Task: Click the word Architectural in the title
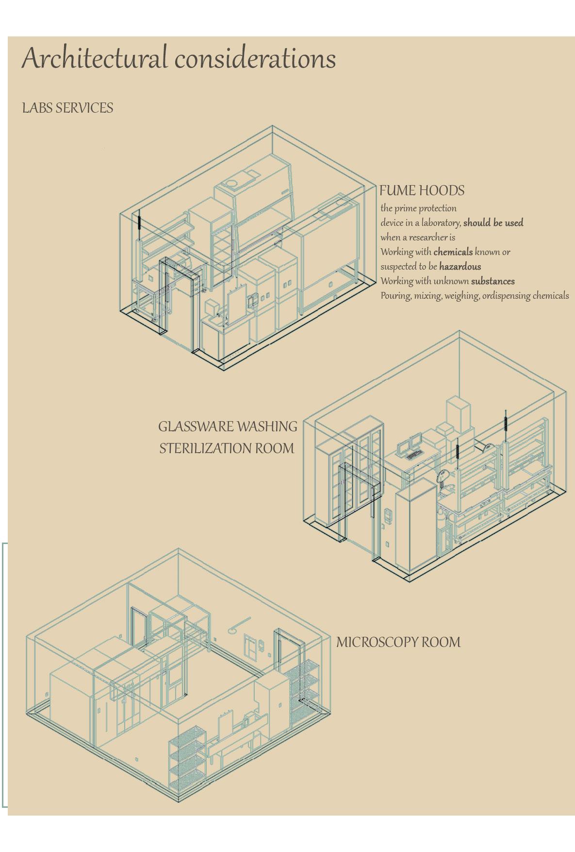[94, 58]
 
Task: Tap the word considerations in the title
[255, 59]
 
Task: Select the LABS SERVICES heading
[67, 108]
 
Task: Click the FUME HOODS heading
[422, 191]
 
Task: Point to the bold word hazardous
[460, 267]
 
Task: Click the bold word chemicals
[453, 252]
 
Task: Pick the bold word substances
[493, 281]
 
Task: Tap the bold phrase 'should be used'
[493, 223]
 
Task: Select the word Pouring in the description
[395, 296]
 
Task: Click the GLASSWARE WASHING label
[228, 426]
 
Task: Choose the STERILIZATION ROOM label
[227, 448]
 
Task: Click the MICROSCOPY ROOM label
[398, 642]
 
